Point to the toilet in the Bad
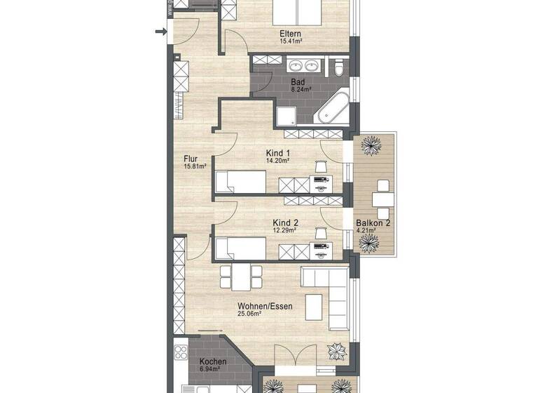coord(339,67)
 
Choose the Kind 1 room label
coord(278,152)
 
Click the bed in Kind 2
coord(240,248)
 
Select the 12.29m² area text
coord(283,230)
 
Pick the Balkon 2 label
coord(373,225)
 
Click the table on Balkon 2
coord(382,198)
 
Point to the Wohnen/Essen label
coord(264,306)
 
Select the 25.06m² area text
coord(249,314)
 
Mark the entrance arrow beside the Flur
coord(160,31)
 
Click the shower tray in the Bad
coord(288,115)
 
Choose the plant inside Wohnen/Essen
coord(336,352)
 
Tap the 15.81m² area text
coord(195,167)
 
